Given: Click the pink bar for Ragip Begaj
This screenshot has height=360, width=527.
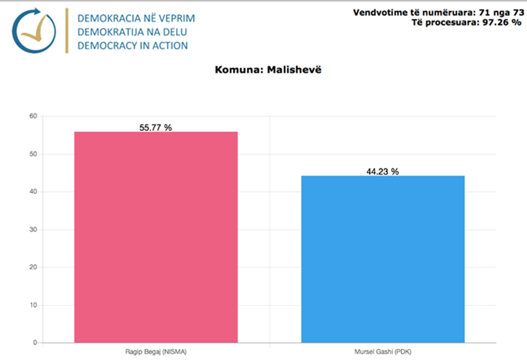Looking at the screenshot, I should (x=155, y=237).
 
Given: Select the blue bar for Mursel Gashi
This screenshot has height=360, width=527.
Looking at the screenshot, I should (x=382, y=259).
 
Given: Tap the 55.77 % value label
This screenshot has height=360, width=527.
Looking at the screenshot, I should (x=155, y=128).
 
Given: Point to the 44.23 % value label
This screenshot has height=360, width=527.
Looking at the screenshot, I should (x=382, y=172).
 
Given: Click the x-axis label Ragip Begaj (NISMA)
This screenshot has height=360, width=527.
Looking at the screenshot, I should (x=155, y=351).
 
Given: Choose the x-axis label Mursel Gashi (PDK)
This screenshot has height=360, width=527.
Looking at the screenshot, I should (x=382, y=351).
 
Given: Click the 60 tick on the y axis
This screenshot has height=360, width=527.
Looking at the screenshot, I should (x=33, y=116).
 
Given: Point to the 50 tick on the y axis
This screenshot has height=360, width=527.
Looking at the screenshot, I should (x=33, y=154).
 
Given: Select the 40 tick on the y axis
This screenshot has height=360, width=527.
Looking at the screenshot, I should (x=33, y=192).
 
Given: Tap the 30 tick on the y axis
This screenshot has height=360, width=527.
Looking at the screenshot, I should (x=33, y=230).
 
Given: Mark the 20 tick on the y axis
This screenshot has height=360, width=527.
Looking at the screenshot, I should (x=33, y=267).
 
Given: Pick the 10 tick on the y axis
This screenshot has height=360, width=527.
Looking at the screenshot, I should (x=33, y=305).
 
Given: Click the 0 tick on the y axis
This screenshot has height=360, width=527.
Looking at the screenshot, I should (x=35, y=343).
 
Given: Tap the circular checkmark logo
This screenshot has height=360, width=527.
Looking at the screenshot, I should (x=34, y=31).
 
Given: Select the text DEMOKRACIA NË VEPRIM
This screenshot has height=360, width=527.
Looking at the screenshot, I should (x=136, y=18).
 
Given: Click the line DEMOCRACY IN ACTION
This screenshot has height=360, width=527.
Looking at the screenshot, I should (x=132, y=46).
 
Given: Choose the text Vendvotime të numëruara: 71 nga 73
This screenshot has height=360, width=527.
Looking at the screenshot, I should (x=438, y=12).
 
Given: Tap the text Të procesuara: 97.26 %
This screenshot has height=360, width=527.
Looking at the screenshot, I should (x=466, y=23).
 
